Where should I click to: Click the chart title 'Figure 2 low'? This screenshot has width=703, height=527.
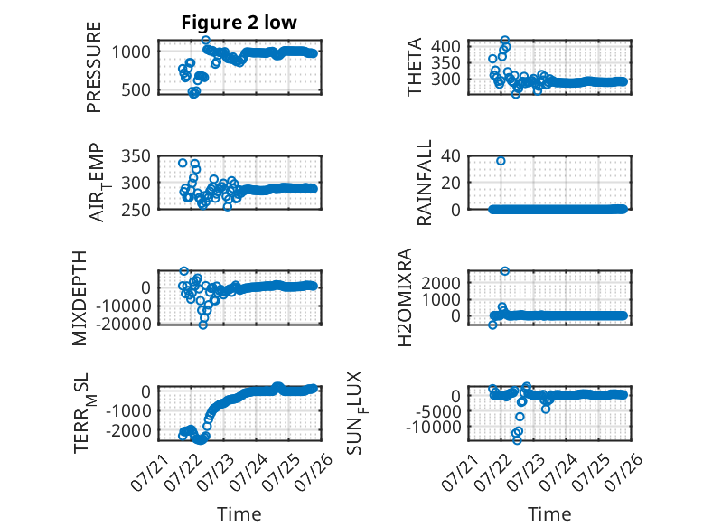click(x=239, y=23)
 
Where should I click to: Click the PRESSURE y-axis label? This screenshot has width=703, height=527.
click(x=94, y=67)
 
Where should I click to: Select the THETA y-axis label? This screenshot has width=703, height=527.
click(x=415, y=67)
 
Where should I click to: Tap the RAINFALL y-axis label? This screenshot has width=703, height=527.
click(x=424, y=183)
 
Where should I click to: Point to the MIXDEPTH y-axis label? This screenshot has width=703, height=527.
click(x=79, y=298)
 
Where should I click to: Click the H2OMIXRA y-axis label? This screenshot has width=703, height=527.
click(x=405, y=297)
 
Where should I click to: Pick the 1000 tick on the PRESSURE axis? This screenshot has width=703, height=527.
click(x=131, y=52)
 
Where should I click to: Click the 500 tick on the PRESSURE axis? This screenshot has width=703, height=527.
click(x=136, y=90)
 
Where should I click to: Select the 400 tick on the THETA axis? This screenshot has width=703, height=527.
click(x=445, y=46)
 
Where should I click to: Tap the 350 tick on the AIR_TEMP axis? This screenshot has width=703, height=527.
click(x=136, y=156)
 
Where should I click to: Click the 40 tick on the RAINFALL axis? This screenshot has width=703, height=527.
click(x=451, y=156)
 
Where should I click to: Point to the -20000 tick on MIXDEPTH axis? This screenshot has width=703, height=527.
click(x=124, y=324)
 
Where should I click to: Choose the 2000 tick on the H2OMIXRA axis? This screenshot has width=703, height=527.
click(x=441, y=283)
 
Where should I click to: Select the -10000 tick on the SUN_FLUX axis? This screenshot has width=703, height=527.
click(x=434, y=427)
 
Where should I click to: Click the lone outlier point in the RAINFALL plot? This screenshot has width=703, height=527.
click(x=501, y=161)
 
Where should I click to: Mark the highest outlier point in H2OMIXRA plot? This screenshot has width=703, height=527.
click(x=505, y=271)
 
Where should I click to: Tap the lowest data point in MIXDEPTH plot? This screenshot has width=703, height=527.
click(x=203, y=325)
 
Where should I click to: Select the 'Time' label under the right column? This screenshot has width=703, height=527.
click(x=549, y=514)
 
